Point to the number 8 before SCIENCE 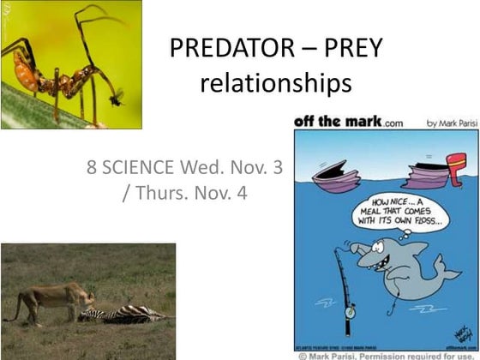[92, 168]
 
